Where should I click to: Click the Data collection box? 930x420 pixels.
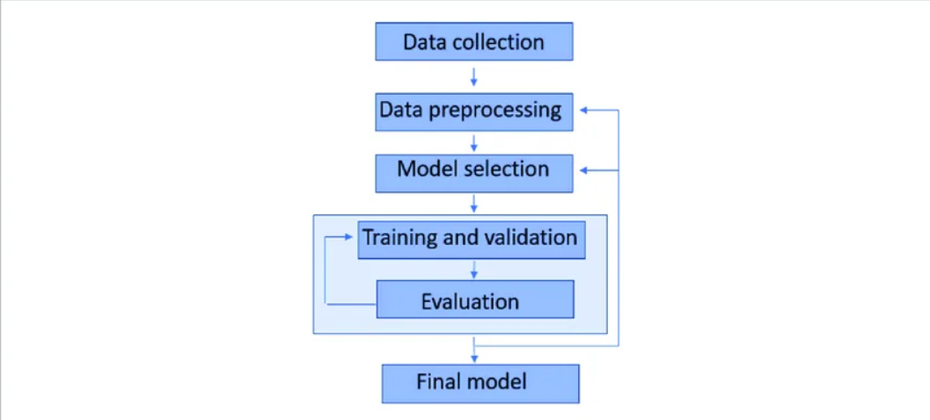[x=474, y=42]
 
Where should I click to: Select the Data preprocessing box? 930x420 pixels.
[x=474, y=112]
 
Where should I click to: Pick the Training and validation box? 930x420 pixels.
[x=471, y=239]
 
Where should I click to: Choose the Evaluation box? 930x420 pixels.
[x=475, y=301]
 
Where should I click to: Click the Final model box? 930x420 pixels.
[x=480, y=383]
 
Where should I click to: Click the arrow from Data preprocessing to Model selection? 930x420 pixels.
[x=474, y=142]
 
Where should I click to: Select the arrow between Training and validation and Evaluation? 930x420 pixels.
[x=474, y=270]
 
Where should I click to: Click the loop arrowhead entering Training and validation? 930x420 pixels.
[x=351, y=237]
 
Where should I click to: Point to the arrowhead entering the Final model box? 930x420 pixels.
[x=475, y=358]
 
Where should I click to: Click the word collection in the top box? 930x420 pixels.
[x=505, y=42]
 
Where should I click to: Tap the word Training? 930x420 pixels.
[x=396, y=237]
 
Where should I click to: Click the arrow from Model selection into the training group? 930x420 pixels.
[x=474, y=203]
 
